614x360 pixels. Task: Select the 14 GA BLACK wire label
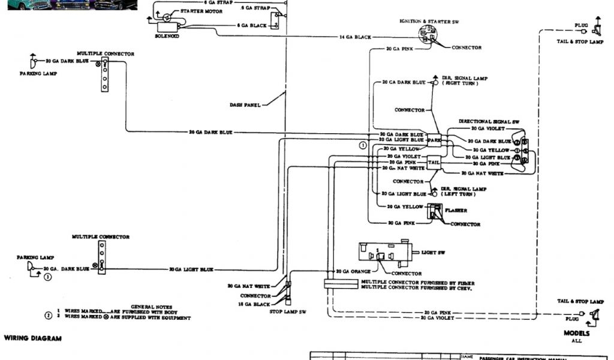tap(355, 37)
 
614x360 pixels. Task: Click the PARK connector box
tap(434, 140)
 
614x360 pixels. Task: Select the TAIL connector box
tap(434, 163)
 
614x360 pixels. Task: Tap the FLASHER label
tap(456, 211)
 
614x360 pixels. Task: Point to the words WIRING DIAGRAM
tap(33, 338)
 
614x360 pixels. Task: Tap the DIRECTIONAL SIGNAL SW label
tap(489, 121)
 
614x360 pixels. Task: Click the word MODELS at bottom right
tap(576, 333)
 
